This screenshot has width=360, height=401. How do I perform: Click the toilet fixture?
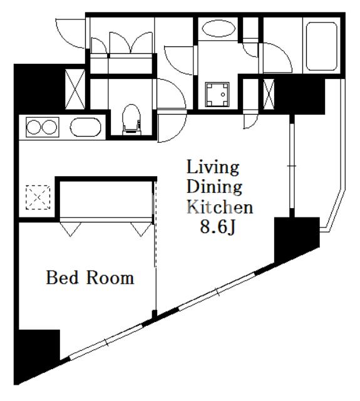130,120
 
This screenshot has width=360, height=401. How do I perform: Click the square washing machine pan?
218,94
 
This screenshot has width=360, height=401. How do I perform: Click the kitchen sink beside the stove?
84,127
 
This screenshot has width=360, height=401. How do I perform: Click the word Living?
213,167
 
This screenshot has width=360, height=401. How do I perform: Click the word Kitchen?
219,207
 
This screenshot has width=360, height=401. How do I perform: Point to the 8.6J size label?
217,227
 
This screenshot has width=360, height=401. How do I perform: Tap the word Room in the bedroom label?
110,278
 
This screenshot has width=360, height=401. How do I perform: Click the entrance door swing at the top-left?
70,31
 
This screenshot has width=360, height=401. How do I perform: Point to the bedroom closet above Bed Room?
106,199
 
